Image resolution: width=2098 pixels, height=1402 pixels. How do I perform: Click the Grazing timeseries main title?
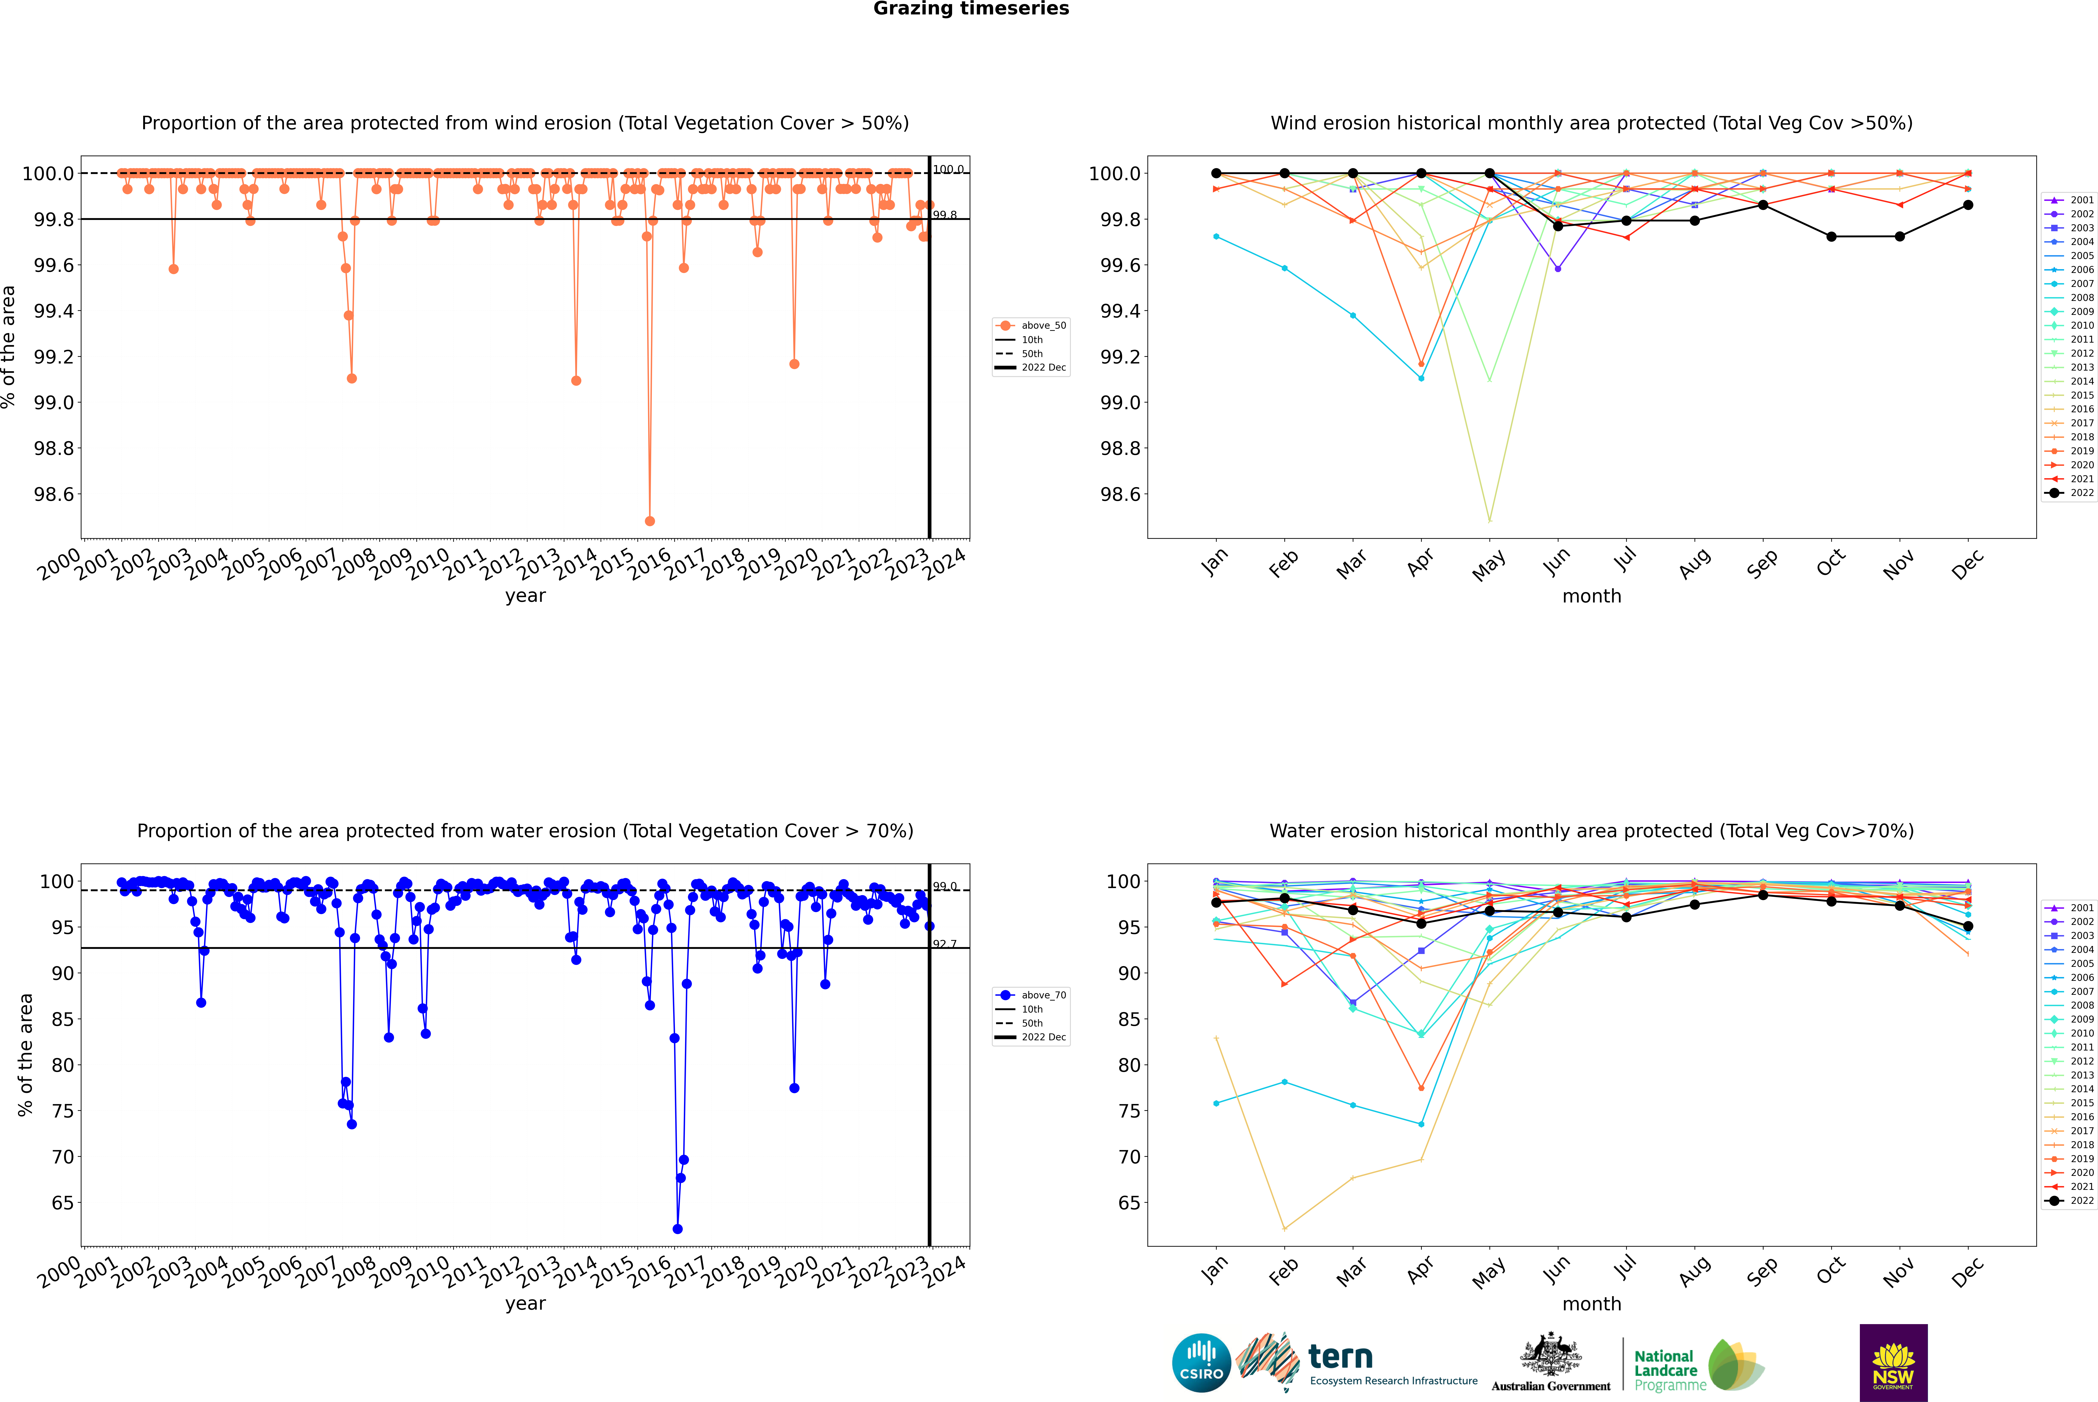971,9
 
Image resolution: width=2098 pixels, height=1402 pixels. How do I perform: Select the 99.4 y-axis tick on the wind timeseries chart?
54,311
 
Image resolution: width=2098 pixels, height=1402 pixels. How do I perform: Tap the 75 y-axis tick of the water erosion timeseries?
63,1111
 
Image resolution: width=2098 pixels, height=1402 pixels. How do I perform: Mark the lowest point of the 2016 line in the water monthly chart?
1284,1228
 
